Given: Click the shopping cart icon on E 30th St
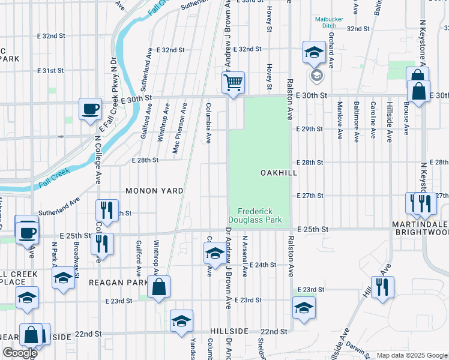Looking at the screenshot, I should click(233, 82).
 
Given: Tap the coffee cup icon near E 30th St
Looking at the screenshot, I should click(91, 109).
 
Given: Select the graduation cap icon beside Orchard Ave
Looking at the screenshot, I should click(313, 53).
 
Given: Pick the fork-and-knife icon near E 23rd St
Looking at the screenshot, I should click(382, 287).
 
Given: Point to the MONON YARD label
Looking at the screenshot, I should click(154, 191).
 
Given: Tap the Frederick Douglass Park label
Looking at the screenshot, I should click(259, 215).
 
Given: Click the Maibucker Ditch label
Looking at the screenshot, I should click(330, 23).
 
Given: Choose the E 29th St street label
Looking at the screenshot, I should click(310, 129).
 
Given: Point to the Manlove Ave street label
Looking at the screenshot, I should click(340, 121).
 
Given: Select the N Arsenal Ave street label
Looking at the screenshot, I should click(244, 256).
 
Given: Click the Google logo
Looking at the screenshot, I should click(20, 353).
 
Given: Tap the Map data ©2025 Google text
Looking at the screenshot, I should click(411, 355).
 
